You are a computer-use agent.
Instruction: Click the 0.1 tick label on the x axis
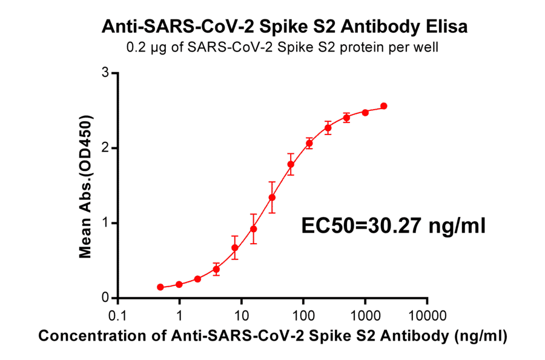click(117, 316)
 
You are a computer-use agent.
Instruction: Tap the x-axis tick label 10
click(241, 316)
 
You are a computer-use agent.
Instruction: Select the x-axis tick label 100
click(303, 316)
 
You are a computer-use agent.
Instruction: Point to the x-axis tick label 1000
click(365, 316)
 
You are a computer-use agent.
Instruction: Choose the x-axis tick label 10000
click(427, 316)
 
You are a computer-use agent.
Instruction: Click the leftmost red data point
click(160, 287)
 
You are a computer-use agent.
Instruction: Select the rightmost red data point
click(384, 106)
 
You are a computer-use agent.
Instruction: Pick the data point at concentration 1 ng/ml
click(179, 284)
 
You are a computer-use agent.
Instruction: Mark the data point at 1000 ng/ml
click(365, 112)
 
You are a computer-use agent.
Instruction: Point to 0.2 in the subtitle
click(134, 47)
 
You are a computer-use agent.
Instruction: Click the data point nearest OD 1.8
click(291, 164)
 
